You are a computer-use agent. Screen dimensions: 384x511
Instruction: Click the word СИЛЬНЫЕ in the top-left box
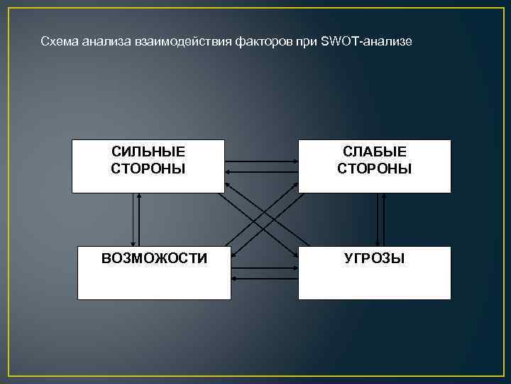click(x=148, y=151)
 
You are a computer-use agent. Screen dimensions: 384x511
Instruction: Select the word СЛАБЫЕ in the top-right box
click(x=374, y=151)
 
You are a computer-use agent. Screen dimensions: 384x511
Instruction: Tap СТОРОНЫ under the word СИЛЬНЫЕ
click(x=148, y=169)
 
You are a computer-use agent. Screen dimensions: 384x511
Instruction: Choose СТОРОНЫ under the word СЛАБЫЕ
click(x=374, y=169)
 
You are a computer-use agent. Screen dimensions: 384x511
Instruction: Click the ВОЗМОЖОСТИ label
click(x=154, y=258)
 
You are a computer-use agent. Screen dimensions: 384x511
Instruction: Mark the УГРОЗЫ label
click(x=374, y=258)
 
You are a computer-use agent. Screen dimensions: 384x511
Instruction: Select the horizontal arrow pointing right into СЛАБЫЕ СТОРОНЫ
click(x=261, y=162)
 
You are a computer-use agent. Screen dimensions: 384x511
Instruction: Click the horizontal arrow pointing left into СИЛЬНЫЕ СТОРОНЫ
click(x=261, y=171)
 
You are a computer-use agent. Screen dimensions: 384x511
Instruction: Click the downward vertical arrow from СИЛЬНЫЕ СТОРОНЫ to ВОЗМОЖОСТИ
click(x=133, y=219)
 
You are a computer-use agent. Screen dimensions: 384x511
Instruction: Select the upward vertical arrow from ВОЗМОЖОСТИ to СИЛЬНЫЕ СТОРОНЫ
click(x=140, y=219)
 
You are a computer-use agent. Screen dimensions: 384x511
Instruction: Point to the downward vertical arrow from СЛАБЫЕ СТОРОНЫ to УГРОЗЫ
click(x=376, y=219)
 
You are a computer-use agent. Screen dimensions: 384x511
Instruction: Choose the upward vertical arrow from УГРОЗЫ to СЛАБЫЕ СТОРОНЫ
click(x=384, y=219)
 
